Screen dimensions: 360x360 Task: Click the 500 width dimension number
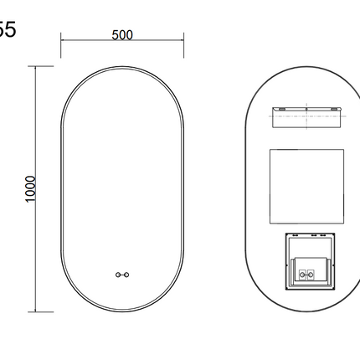122,35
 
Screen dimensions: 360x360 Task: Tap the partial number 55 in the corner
7,30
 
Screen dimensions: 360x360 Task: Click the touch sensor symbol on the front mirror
123,274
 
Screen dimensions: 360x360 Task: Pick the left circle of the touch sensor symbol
118,274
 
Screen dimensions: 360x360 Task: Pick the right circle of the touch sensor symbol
128,274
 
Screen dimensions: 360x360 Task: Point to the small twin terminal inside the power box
306,272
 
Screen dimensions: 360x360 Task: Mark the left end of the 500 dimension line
61,42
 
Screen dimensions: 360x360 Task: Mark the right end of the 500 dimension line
184,42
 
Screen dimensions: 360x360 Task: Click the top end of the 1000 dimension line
37,68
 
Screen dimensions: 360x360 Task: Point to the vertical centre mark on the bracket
306,110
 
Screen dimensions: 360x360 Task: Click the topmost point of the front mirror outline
123,68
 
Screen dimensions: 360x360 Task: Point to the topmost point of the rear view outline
306,68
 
